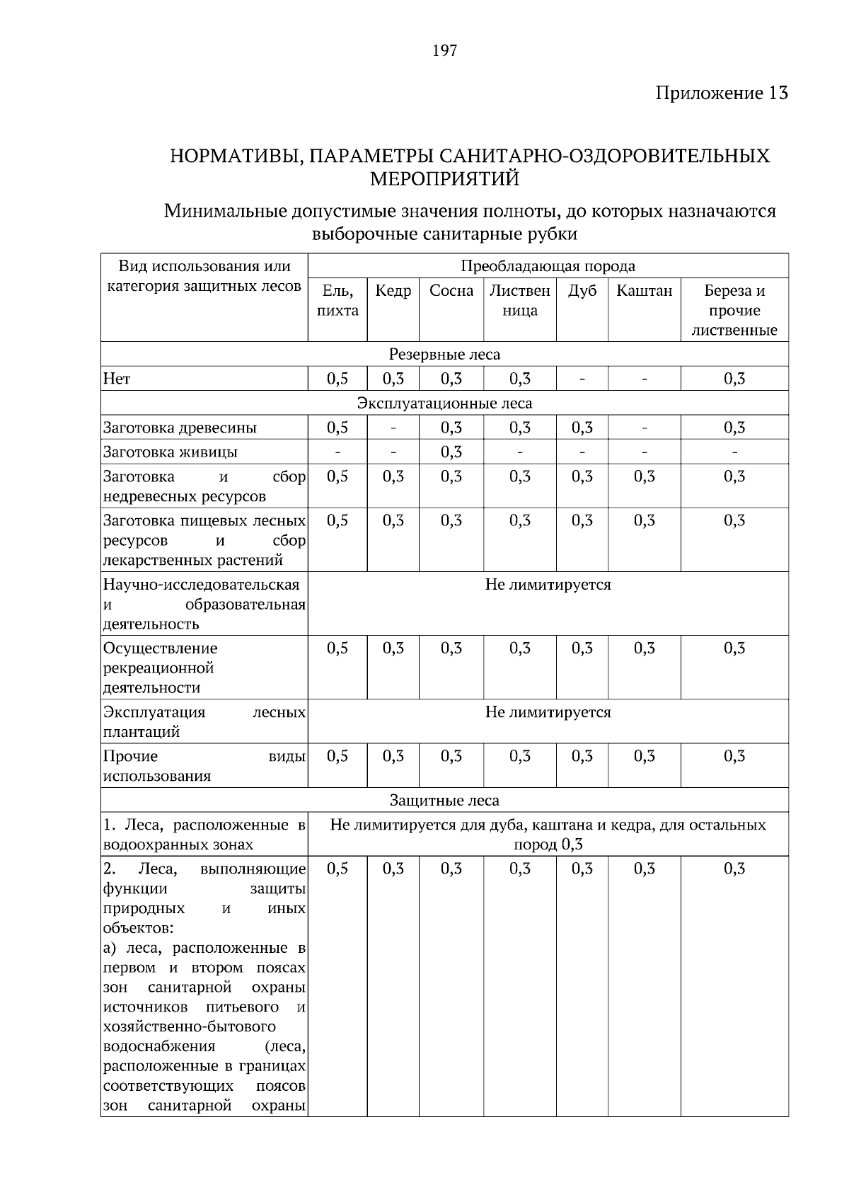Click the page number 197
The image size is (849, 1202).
click(444, 50)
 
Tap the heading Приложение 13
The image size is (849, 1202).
click(721, 93)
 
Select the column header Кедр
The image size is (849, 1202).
click(393, 291)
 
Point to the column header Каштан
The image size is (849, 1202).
click(644, 291)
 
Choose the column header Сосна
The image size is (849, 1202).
click(451, 291)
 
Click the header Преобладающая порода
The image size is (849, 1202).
click(548, 266)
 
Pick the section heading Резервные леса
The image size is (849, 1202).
click(444, 355)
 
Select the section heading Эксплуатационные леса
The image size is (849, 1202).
click(444, 403)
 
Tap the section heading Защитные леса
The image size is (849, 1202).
click(444, 801)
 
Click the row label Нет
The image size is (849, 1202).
click(117, 379)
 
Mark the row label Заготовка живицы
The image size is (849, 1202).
click(170, 452)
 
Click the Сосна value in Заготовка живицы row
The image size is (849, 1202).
click(451, 452)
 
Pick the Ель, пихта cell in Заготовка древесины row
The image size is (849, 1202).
click(337, 428)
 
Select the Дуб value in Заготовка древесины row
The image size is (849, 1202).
click(582, 428)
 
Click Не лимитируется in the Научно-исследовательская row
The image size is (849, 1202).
click(548, 585)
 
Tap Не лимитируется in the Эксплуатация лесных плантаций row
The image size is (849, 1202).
click(548, 712)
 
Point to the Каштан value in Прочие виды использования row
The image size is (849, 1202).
click(644, 757)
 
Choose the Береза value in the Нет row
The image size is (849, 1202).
click(734, 379)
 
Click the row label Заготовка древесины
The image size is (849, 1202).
click(180, 428)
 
